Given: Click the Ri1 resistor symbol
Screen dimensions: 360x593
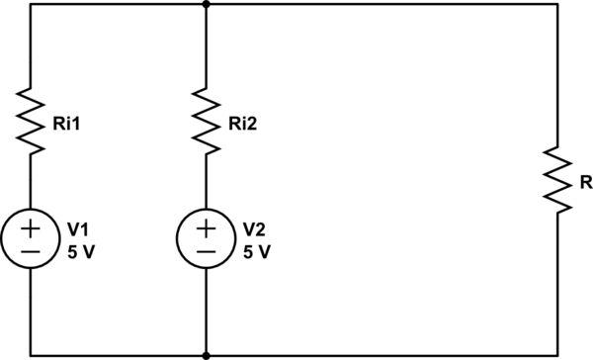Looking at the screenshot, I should pos(32,120).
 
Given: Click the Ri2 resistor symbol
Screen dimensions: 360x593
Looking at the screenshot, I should pos(206,120).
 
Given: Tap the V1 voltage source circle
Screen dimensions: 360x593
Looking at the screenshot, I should pos(32,240).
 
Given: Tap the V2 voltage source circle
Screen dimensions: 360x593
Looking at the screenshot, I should pos(206,240).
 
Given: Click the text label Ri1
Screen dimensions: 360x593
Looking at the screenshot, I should pos(65,125).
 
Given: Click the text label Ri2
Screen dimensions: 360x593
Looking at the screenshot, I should pos(239,125).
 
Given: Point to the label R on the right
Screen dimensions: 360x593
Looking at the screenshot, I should pos(586,184).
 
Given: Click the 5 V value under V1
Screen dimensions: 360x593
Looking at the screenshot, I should pos(81,251).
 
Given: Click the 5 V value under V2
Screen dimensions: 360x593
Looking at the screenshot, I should pos(256,251).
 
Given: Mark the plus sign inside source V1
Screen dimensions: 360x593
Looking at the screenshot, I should pos(32,229).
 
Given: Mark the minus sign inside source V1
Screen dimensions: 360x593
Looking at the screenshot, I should pos(32,253).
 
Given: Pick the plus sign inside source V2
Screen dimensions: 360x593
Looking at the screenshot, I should pos(206,229).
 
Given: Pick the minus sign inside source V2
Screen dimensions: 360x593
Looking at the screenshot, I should pos(206,253).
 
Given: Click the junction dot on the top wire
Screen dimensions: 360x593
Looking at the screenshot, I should pos(206,4).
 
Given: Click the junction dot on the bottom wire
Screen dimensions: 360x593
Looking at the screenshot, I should pos(206,354).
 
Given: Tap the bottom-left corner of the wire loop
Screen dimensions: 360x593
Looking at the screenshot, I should pos(32,354).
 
